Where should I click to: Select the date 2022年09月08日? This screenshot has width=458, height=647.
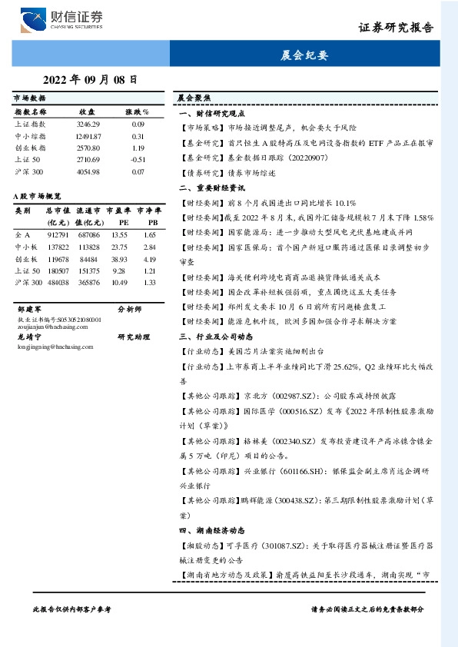click(90, 78)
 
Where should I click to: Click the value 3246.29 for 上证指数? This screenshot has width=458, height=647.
click(88, 124)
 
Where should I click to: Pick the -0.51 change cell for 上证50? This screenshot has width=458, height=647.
click(138, 159)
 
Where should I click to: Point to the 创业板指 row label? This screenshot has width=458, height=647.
click(31, 148)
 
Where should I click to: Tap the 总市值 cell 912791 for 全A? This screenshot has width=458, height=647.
click(58, 234)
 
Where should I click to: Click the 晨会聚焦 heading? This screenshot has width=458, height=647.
click(194, 98)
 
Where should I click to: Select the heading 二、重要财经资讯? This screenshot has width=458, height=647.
click(211, 187)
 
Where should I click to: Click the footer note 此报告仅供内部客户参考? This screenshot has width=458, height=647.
click(73, 609)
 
